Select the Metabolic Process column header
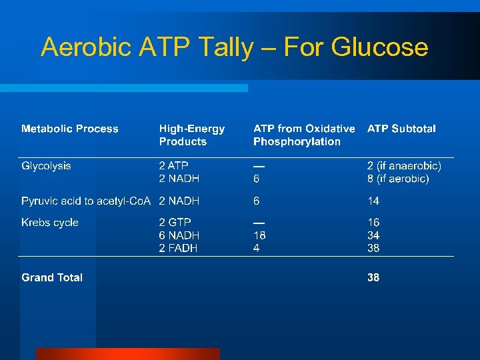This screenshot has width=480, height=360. click(x=70, y=129)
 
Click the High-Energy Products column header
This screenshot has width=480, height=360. click(x=192, y=135)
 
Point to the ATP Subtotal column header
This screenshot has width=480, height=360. click(x=401, y=129)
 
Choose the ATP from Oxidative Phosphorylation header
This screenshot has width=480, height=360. click(x=304, y=135)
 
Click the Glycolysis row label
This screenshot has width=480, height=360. click(x=46, y=165)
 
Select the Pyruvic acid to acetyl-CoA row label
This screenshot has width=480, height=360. click(x=86, y=201)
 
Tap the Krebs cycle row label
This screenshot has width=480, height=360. click(x=50, y=223)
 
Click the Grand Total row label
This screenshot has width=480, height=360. click(x=52, y=277)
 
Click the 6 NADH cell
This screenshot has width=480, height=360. click(x=179, y=235)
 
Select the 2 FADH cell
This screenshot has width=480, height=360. click(x=178, y=248)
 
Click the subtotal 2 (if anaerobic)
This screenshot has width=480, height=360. click(x=404, y=165)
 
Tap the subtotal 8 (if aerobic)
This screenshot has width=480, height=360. click(x=398, y=179)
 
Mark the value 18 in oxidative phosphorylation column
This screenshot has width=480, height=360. click(x=259, y=235)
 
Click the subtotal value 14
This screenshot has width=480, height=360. click(x=373, y=201)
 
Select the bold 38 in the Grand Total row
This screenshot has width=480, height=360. click(x=373, y=277)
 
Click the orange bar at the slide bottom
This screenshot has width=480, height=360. click(x=127, y=354)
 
